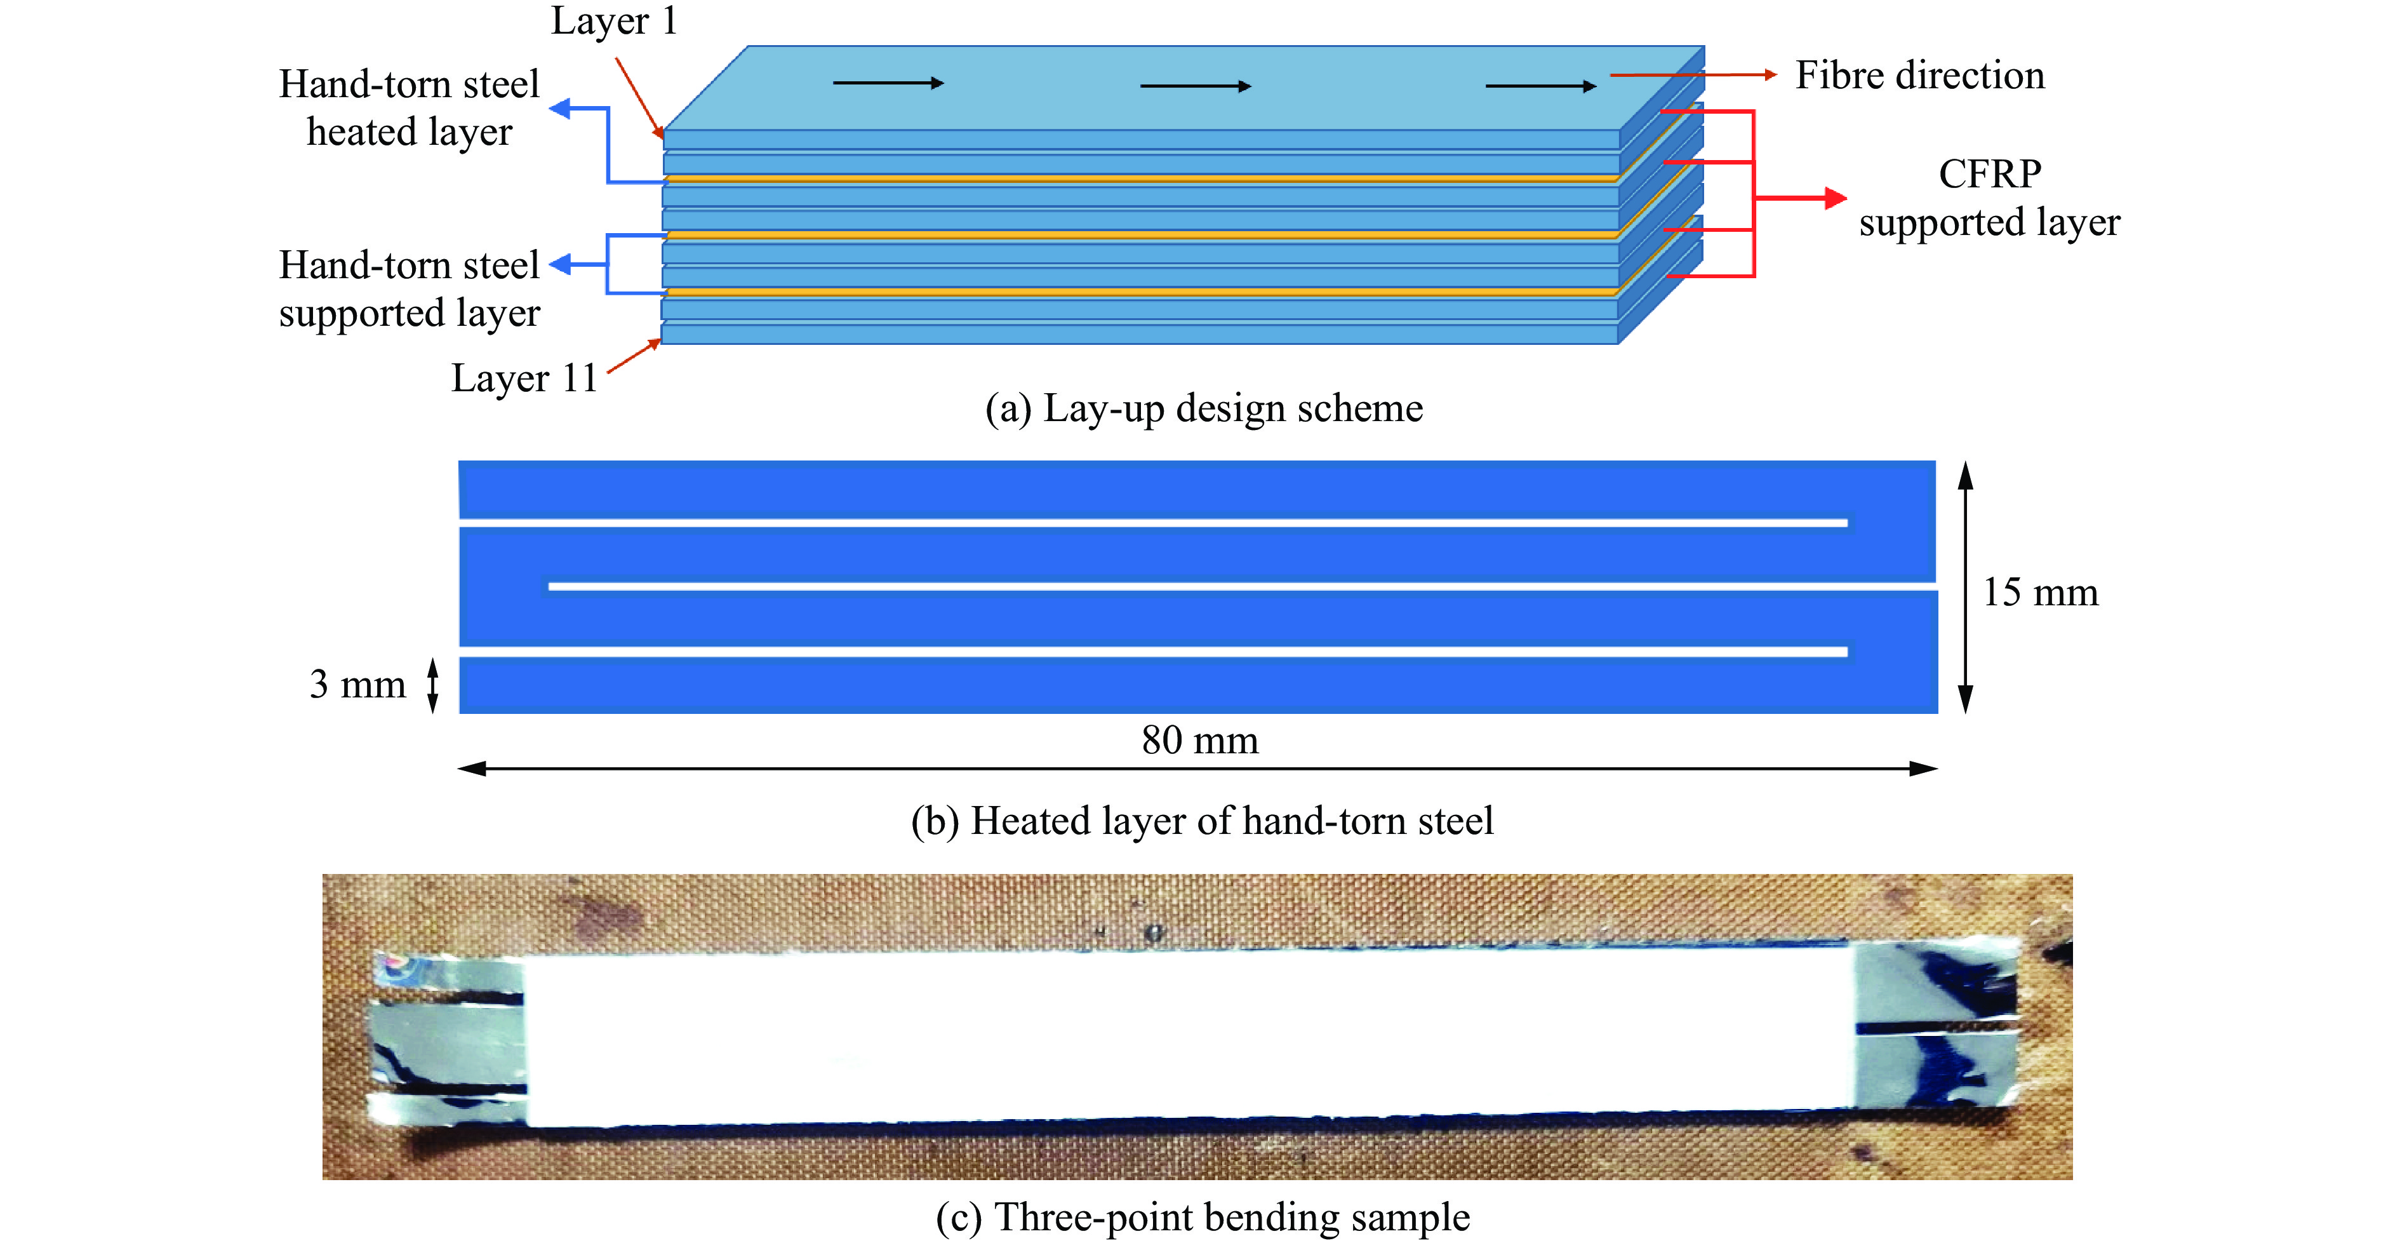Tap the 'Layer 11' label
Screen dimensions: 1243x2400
[x=524, y=379]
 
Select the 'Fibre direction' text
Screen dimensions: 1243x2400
[x=1919, y=76]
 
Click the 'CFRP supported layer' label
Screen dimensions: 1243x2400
[x=1989, y=198]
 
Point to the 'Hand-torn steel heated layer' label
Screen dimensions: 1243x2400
[x=409, y=108]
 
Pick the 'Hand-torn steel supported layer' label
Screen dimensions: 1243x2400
[x=409, y=289]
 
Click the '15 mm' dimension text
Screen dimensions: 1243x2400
[x=2039, y=593]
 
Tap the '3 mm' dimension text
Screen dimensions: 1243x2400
[x=357, y=685]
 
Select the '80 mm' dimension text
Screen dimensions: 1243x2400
[x=1199, y=741]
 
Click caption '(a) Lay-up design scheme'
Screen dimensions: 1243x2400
[x=1204, y=408]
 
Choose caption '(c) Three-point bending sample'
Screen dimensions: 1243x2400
[x=1203, y=1217]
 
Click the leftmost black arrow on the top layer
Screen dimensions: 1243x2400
[x=888, y=83]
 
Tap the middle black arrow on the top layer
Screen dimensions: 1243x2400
[x=1196, y=86]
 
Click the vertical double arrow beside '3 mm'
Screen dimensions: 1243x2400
[x=432, y=685]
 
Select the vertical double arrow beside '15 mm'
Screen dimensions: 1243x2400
[x=1965, y=587]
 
